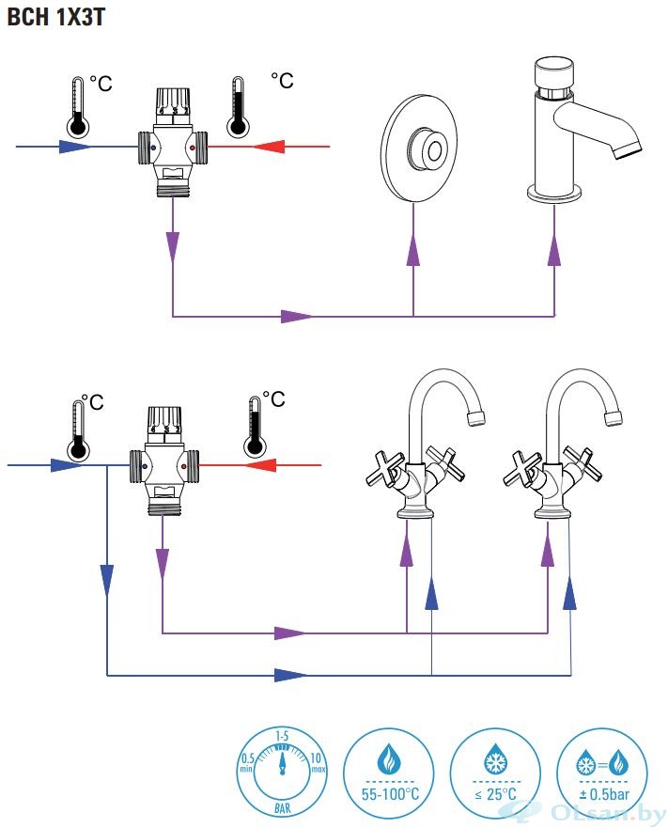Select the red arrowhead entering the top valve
click(x=270, y=147)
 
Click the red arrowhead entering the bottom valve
click(x=260, y=464)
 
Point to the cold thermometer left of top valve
click(x=78, y=105)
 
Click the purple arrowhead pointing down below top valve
click(x=173, y=247)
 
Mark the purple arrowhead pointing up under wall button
click(x=413, y=252)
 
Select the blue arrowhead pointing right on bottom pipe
click(x=290, y=675)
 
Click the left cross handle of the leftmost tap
click(x=386, y=469)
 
